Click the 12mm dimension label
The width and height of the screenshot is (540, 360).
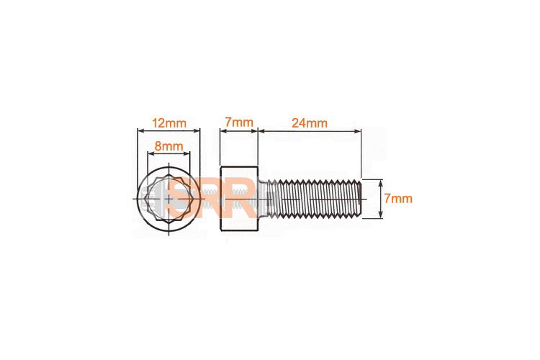tap(168, 122)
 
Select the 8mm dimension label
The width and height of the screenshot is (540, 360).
tap(169, 146)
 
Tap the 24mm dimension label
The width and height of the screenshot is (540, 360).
tap(310, 122)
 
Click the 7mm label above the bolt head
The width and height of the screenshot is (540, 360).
tap(238, 122)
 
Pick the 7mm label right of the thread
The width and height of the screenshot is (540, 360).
tap(398, 198)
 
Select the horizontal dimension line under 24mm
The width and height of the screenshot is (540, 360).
tap(310, 131)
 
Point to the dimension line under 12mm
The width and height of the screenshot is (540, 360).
tap(168, 131)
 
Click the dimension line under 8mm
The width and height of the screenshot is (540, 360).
tap(169, 154)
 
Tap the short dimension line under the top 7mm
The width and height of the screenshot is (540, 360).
tap(238, 131)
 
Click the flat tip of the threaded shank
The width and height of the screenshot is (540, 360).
tap(359, 198)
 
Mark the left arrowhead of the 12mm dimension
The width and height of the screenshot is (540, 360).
tap(140, 131)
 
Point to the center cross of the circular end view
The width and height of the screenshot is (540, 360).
tap(168, 198)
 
